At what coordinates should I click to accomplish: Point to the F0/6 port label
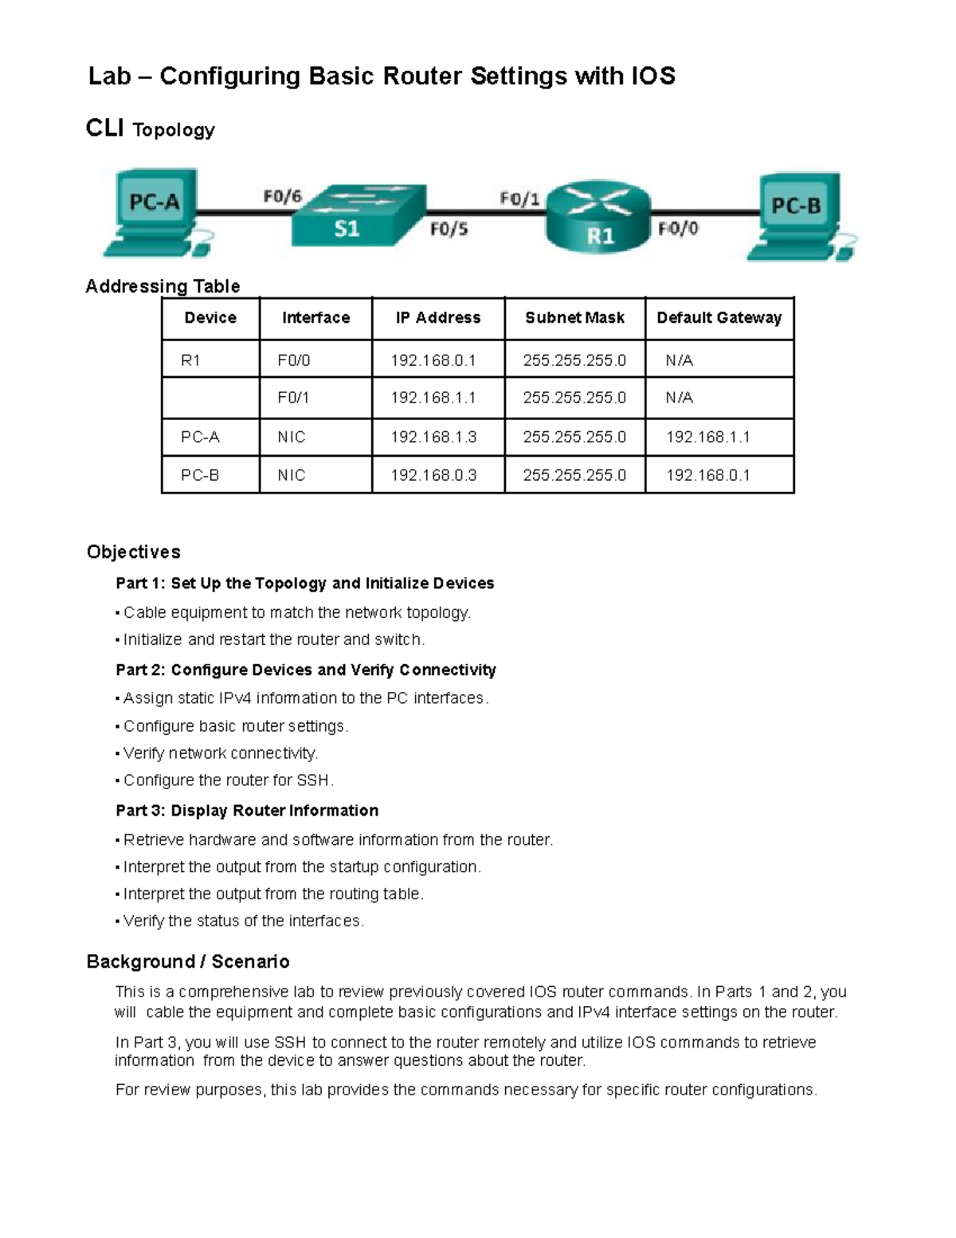(x=283, y=195)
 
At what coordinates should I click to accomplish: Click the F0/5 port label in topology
(x=449, y=230)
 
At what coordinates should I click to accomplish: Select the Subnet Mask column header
(x=574, y=318)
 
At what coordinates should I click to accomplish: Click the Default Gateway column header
(x=719, y=318)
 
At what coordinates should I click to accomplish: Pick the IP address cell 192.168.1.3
(x=433, y=437)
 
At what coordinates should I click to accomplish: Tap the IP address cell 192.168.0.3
(x=433, y=475)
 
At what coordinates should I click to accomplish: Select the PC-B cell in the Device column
(x=200, y=475)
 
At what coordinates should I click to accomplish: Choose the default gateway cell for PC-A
(x=707, y=437)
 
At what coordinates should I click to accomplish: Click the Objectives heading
(x=133, y=552)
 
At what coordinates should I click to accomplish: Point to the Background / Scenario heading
(x=187, y=961)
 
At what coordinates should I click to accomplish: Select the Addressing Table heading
(x=163, y=286)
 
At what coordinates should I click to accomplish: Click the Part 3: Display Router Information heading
(x=247, y=811)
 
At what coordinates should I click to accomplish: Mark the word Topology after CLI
(x=174, y=130)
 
